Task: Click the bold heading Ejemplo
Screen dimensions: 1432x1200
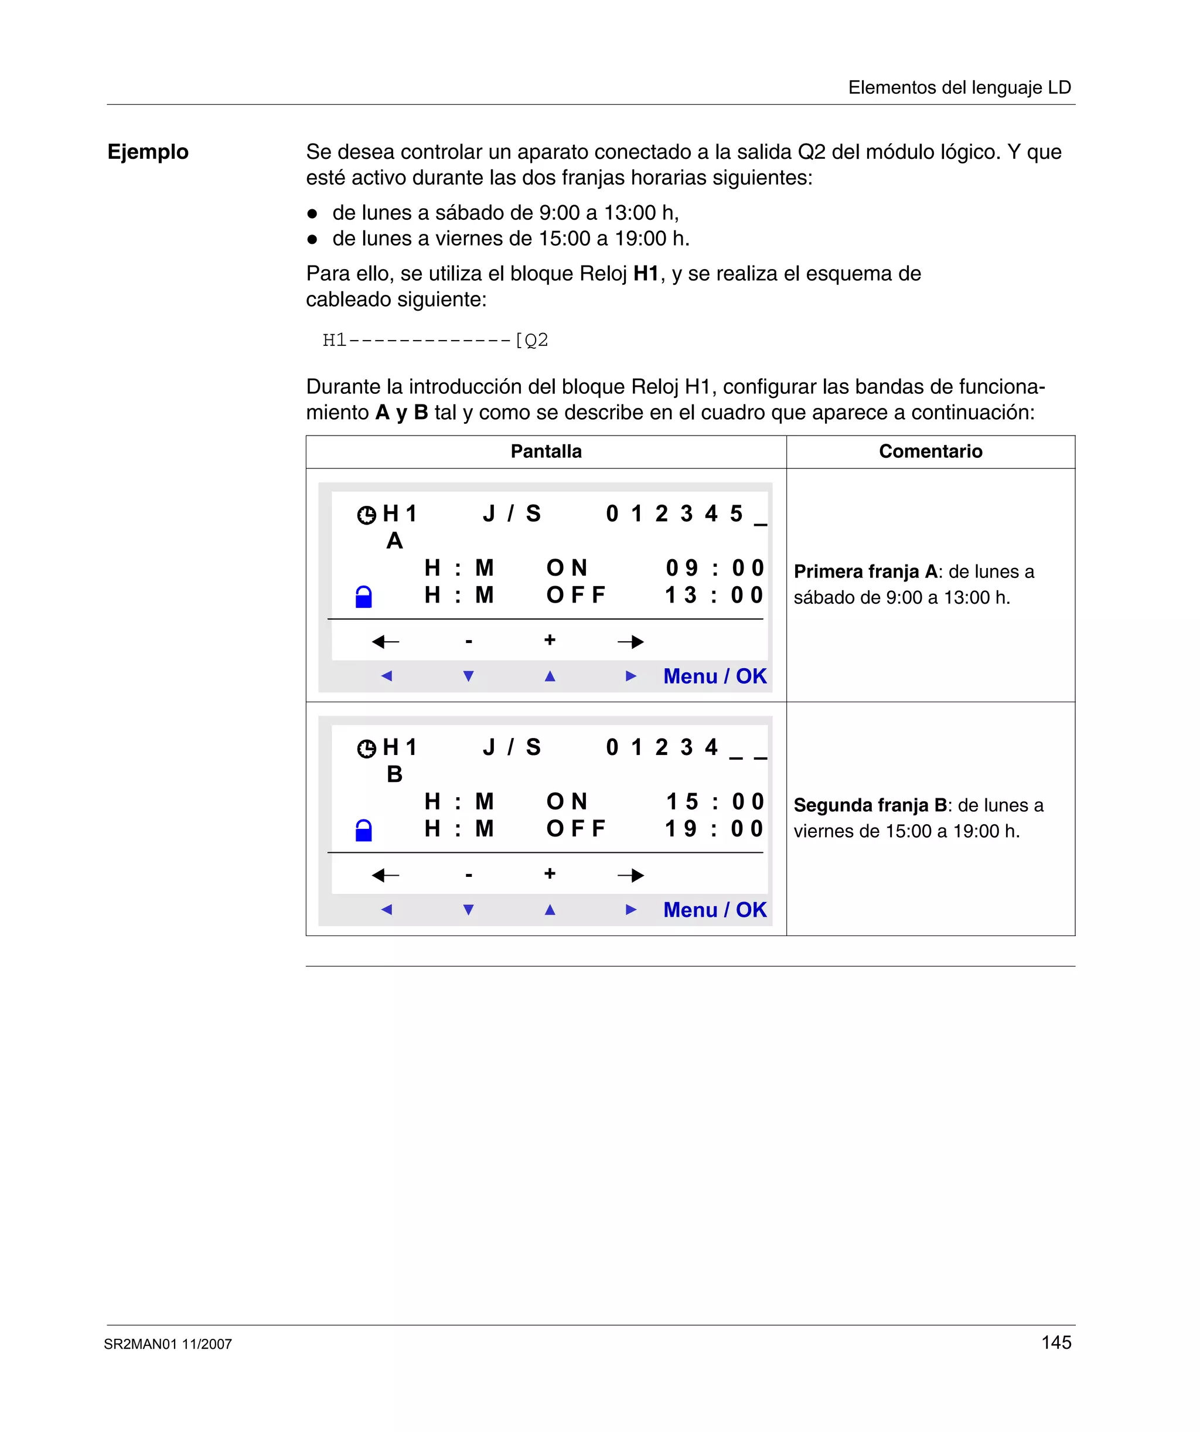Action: tap(148, 151)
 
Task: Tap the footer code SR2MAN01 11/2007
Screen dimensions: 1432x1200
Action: tap(168, 1344)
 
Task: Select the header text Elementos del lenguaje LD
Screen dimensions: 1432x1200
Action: tap(959, 87)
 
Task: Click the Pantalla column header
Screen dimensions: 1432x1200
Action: tap(546, 451)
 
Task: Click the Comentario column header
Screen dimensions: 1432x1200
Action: tap(930, 451)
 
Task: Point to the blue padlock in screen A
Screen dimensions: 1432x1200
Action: tap(364, 597)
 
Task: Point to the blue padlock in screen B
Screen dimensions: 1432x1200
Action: tap(364, 830)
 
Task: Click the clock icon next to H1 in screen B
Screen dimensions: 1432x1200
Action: tap(366, 749)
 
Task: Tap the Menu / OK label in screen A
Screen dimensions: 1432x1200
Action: tap(714, 676)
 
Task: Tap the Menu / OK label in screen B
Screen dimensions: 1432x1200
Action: tap(714, 910)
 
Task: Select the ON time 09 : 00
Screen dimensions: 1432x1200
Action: tap(714, 568)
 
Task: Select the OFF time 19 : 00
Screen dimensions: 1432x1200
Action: tap(714, 828)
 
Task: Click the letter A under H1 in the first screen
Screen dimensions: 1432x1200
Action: tap(394, 541)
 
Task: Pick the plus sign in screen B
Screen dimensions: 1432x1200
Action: tap(550, 873)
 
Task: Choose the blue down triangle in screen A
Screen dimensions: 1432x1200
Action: tap(468, 676)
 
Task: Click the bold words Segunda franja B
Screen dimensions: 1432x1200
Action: tap(870, 805)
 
